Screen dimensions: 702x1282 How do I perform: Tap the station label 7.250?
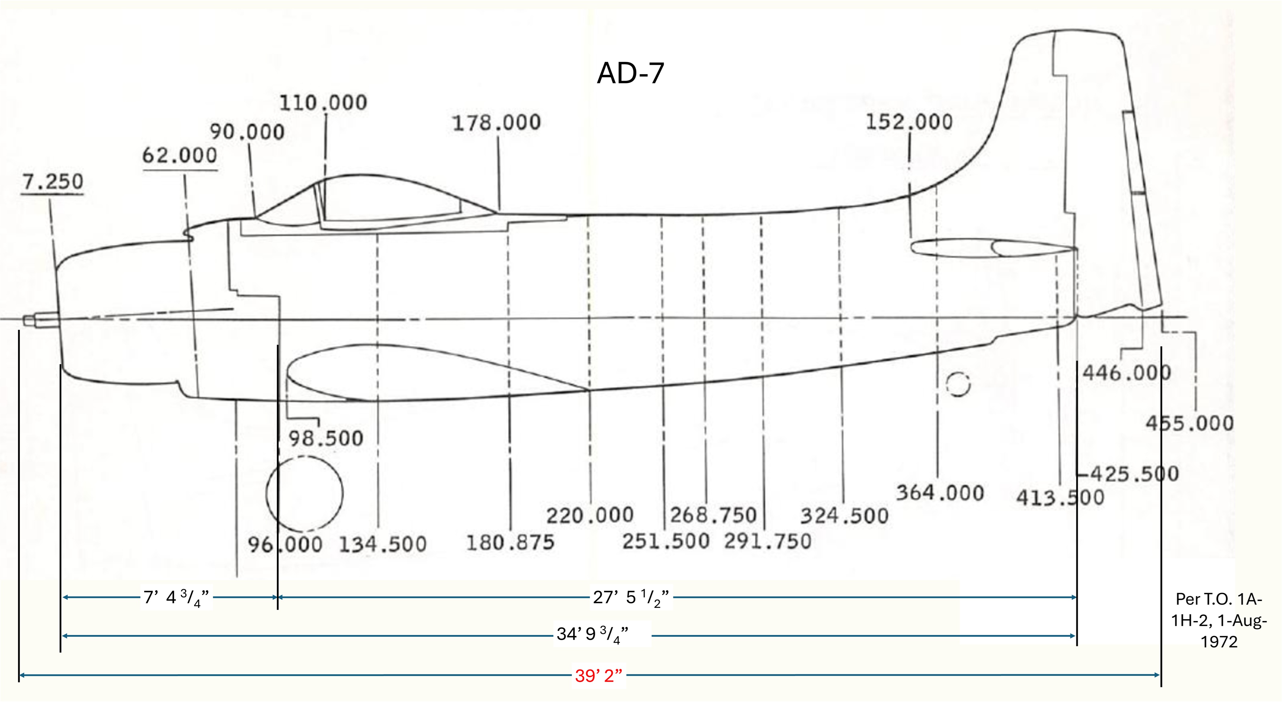53,182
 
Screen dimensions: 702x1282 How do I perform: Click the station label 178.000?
496,123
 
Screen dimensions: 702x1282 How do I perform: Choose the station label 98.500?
326,439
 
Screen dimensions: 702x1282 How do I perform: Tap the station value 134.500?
383,544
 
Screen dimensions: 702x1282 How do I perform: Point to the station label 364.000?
940,493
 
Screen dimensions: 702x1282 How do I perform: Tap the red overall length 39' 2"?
599,676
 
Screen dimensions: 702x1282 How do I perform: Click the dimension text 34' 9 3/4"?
592,634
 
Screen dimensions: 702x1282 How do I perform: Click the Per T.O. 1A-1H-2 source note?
1219,620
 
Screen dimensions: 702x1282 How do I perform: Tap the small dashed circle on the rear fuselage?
958,384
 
